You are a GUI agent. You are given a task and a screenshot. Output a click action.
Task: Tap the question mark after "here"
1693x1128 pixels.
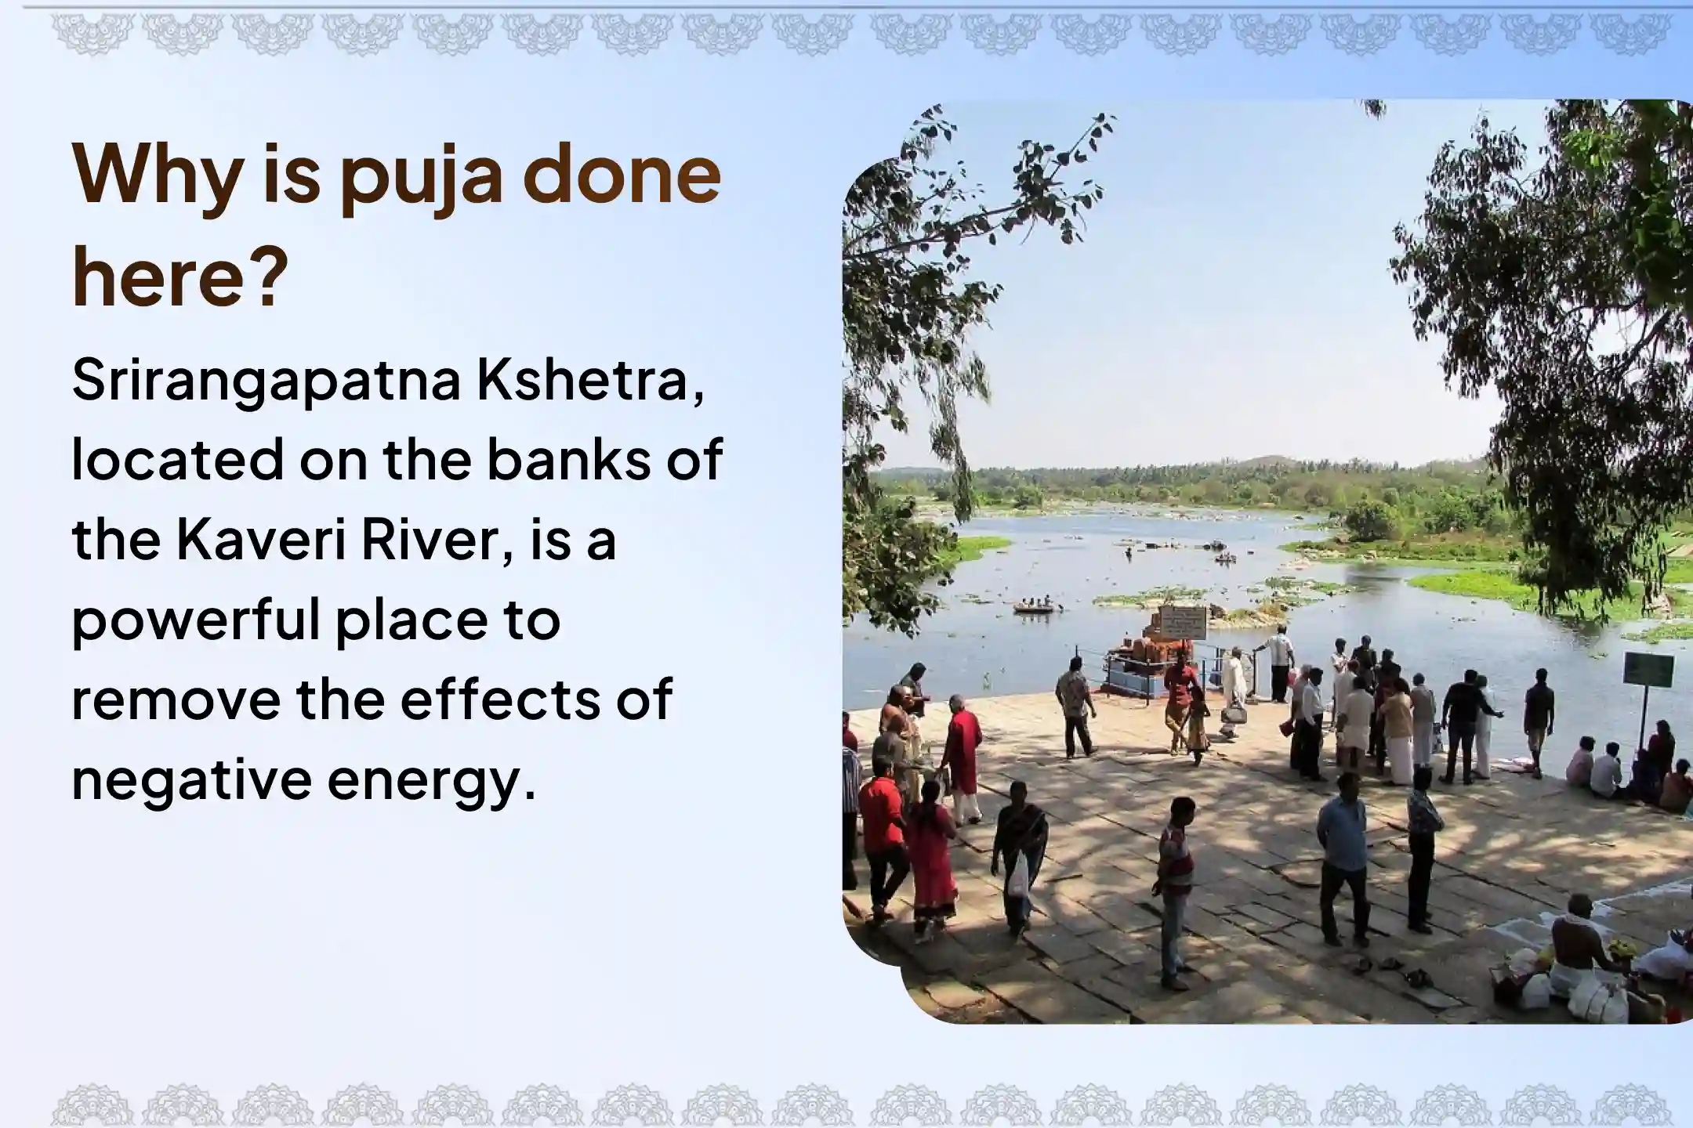pyautogui.click(x=266, y=280)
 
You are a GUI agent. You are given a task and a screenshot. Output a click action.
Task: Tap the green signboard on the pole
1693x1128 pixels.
pyautogui.click(x=1648, y=670)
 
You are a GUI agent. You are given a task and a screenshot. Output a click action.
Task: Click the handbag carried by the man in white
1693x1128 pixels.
pyautogui.click(x=1233, y=714)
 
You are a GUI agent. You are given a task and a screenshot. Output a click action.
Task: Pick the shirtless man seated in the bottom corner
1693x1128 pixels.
pyautogui.click(x=1575, y=944)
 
